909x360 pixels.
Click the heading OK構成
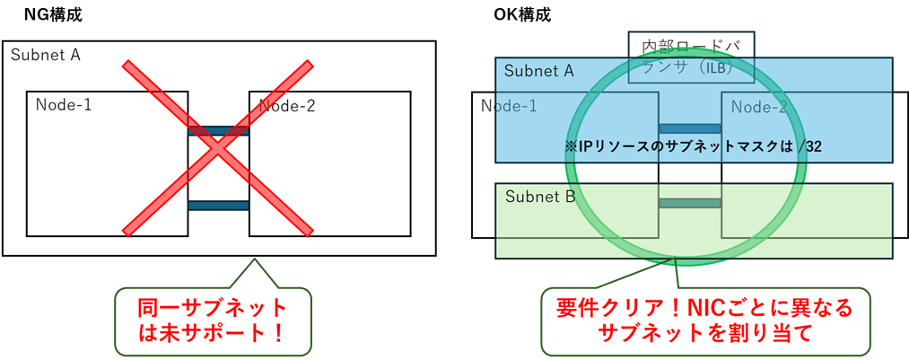pyautogui.click(x=522, y=14)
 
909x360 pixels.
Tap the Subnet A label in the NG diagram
pyautogui.click(x=46, y=55)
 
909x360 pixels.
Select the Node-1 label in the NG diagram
pyautogui.click(x=64, y=105)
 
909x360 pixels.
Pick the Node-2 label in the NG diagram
pyautogui.click(x=288, y=106)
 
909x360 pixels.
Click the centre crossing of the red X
pyautogui.click(x=218, y=148)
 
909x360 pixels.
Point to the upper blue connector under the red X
pyautogui.click(x=218, y=131)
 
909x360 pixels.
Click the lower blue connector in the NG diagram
pyautogui.click(x=218, y=205)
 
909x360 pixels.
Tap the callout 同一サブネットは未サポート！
pyautogui.click(x=212, y=320)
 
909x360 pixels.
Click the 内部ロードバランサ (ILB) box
pyautogui.click(x=690, y=56)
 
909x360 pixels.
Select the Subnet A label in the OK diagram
pyautogui.click(x=538, y=71)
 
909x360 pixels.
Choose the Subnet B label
pyautogui.click(x=539, y=196)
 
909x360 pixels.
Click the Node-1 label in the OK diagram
pyautogui.click(x=509, y=105)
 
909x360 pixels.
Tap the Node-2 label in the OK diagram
pyautogui.click(x=759, y=107)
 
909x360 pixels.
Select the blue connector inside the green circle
pyautogui.click(x=690, y=128)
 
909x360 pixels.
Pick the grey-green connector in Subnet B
pyautogui.click(x=690, y=203)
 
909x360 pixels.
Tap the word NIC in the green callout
pyautogui.click(x=705, y=308)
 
